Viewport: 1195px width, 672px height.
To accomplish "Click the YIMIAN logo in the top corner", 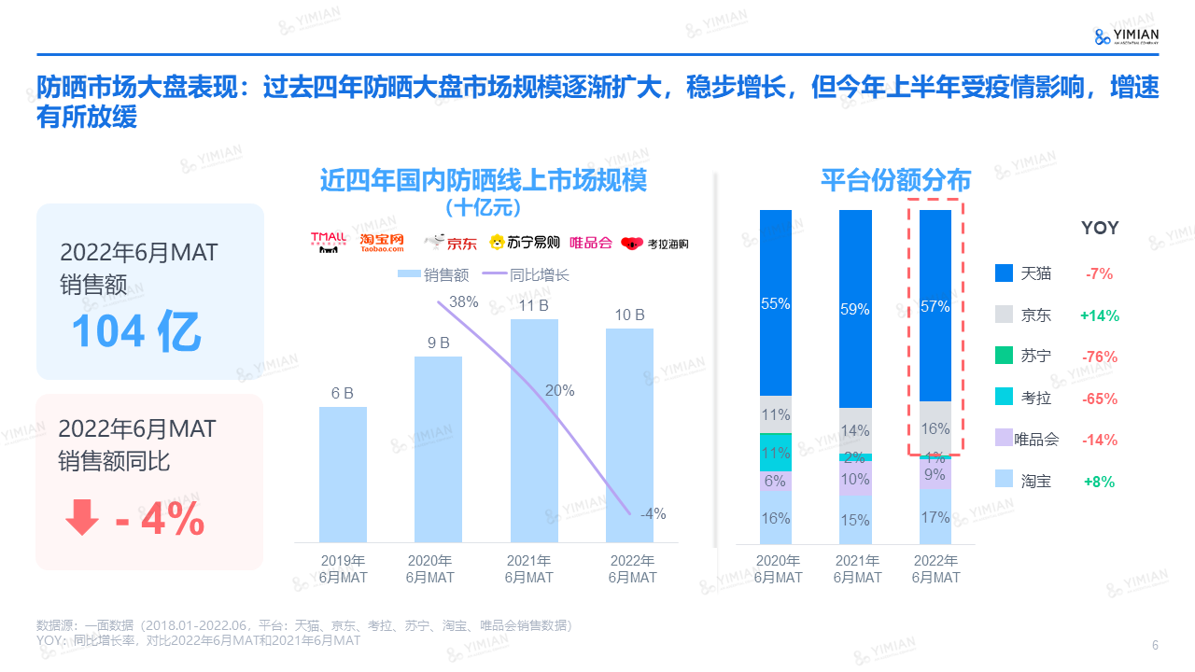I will (x=1127, y=36).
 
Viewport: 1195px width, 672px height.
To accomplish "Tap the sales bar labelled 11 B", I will (x=533, y=430).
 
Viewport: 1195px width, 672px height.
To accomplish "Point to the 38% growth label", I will (x=463, y=301).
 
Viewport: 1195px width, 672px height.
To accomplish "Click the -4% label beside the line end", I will (x=653, y=513).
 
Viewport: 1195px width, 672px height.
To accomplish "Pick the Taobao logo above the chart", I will (x=383, y=243).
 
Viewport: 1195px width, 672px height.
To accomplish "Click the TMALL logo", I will (x=329, y=243).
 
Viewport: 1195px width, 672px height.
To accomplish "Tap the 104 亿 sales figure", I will (x=136, y=331).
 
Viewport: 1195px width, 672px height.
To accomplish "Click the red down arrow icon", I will (x=81, y=517).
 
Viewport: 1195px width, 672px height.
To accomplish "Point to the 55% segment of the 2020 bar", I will (x=776, y=303).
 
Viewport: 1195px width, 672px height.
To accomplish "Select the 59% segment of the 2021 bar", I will (x=855, y=309).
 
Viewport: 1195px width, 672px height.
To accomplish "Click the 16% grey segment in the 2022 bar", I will (x=935, y=428).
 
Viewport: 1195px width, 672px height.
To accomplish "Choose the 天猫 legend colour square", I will (x=1004, y=273).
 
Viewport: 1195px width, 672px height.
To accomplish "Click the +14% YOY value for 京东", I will (x=1100, y=315).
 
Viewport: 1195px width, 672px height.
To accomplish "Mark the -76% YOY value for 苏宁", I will (x=1100, y=357).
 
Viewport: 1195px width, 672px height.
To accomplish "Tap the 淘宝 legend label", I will (x=1036, y=482).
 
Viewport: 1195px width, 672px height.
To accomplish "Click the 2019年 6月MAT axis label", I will (x=343, y=569).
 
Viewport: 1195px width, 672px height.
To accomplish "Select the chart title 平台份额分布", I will (x=895, y=180).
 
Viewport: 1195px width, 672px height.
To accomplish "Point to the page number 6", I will (x=1155, y=646).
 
